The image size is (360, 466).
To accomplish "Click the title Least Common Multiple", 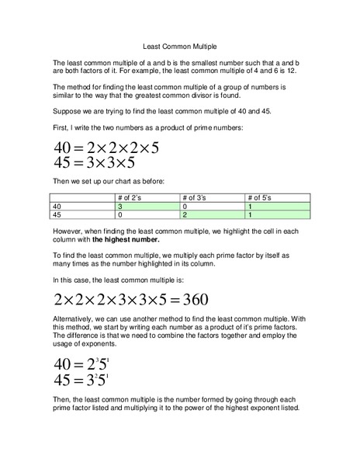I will point(180,46).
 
